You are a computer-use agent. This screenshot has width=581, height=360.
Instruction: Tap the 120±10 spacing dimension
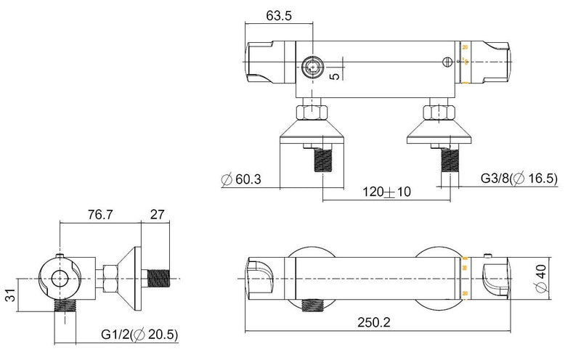pyautogui.click(x=387, y=192)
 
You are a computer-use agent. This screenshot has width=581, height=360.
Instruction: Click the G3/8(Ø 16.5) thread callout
pyautogui.click(x=519, y=178)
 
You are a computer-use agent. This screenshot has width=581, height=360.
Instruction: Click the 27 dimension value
pyautogui.click(x=156, y=216)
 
